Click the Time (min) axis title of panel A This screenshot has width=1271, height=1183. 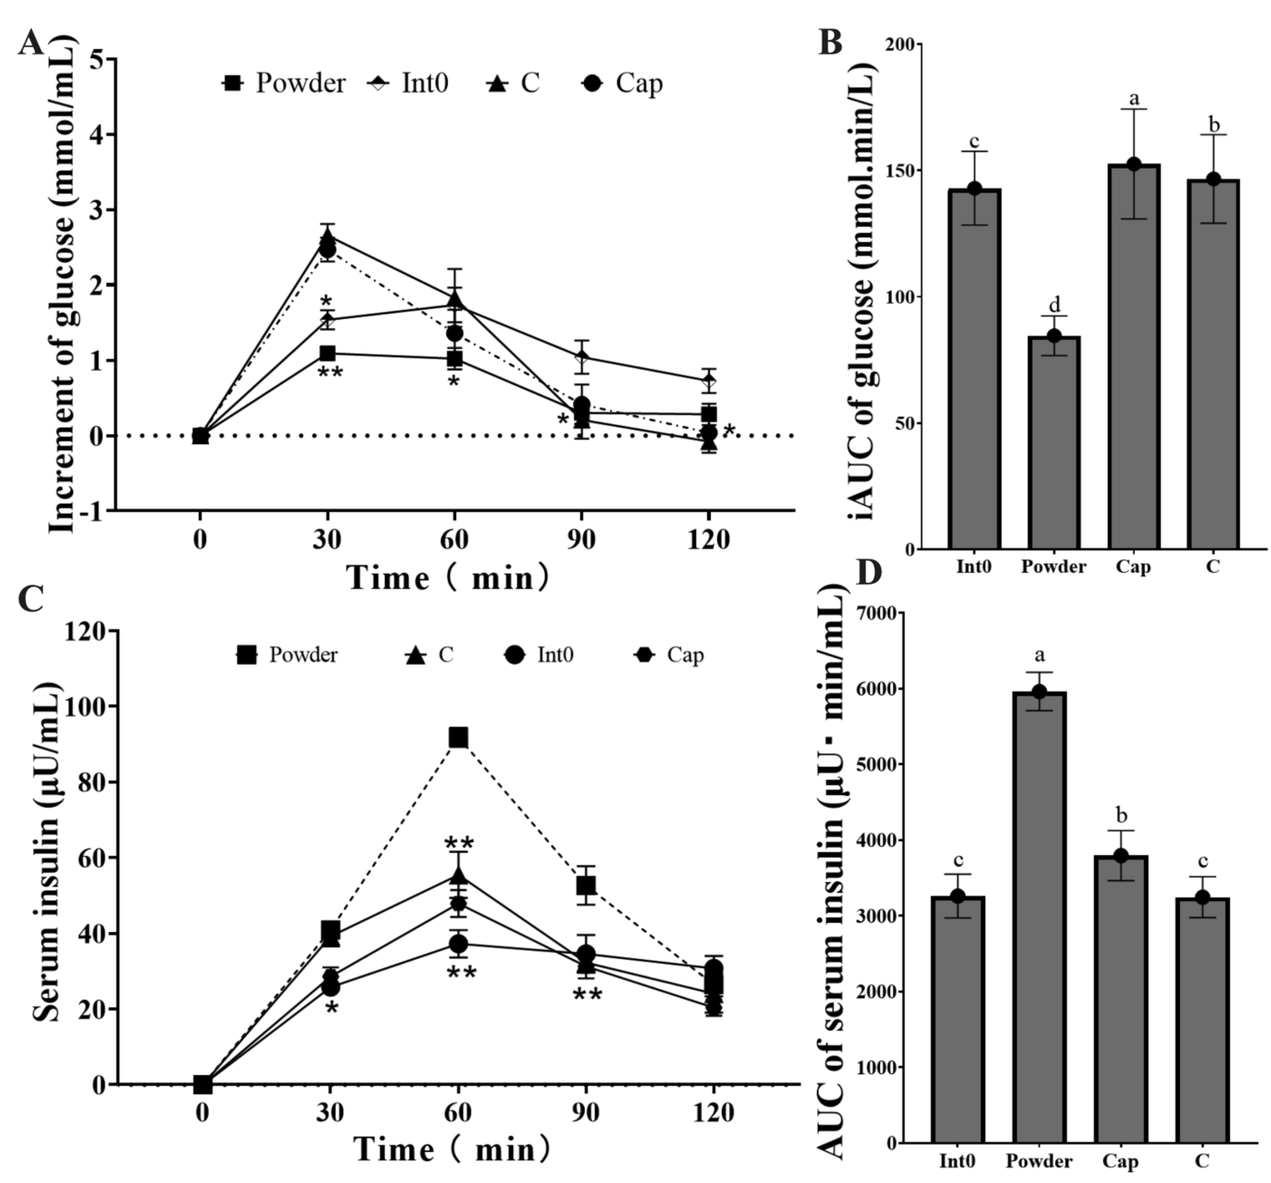[x=448, y=577]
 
